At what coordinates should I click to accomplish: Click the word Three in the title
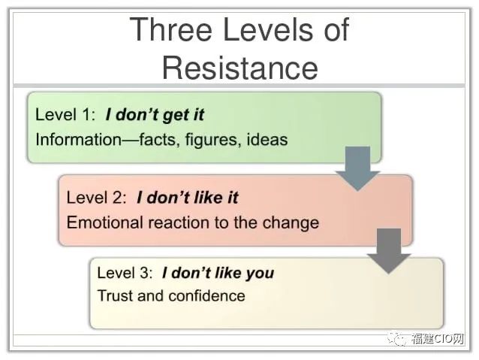coord(171,29)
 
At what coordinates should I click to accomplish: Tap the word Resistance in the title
coord(240,68)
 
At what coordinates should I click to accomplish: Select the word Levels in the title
coord(269,29)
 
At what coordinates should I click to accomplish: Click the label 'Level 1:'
coord(65,115)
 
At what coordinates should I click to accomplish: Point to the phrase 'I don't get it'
coord(155,115)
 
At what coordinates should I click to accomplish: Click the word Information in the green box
coord(79,140)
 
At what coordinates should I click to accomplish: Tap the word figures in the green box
coord(211,140)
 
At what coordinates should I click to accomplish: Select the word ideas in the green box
coord(267,140)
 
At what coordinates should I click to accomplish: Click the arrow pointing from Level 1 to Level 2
coord(357,169)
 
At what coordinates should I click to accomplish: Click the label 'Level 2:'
coord(97,197)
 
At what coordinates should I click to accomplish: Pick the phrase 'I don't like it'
coord(187,197)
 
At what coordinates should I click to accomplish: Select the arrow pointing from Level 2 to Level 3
coord(389,251)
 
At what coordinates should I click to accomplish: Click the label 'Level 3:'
coord(125,273)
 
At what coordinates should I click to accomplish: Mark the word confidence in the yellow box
coord(206,296)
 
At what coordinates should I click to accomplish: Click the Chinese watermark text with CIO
coord(437,339)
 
